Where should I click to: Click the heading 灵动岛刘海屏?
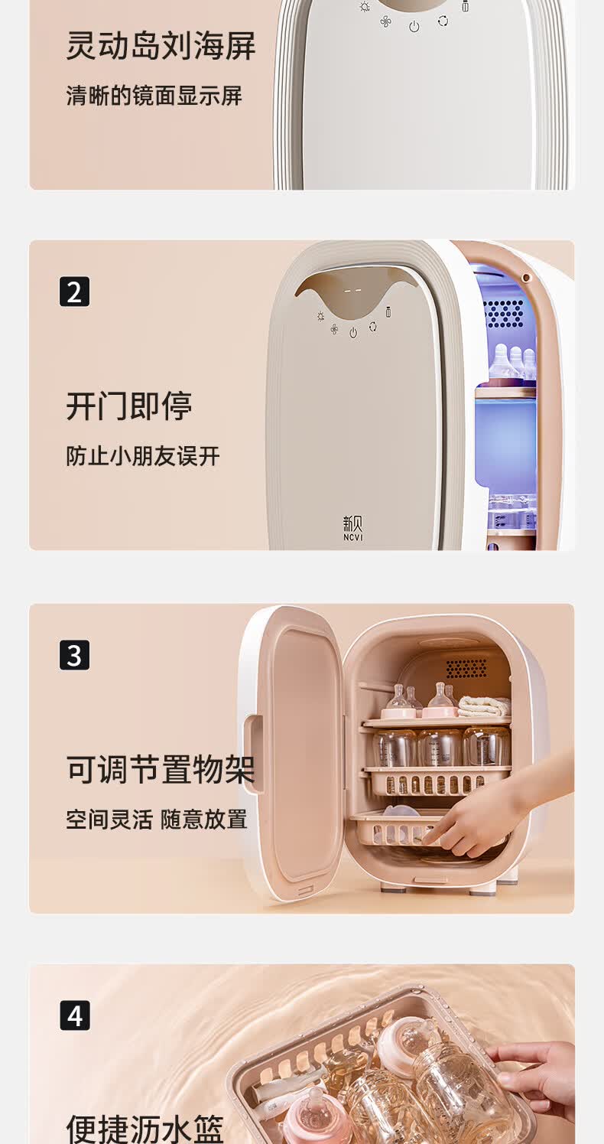[161, 47]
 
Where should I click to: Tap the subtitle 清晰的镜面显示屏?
[154, 96]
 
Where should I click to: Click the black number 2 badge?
[74, 292]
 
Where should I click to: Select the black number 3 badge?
[74, 655]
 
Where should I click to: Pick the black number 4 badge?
[74, 1015]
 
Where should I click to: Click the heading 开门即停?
[128, 406]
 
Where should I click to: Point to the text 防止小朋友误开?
[143, 456]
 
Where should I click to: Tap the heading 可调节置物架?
[161, 770]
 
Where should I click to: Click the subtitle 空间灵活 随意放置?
[157, 820]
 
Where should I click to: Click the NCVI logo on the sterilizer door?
[352, 528]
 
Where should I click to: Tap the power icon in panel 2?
[353, 333]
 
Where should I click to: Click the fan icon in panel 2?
[334, 329]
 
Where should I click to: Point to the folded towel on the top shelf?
[483, 706]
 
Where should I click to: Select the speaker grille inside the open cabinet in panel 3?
[466, 668]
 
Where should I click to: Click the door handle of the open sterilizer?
[253, 754]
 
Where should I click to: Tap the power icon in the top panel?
[414, 27]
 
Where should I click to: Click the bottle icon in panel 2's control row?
[388, 311]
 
